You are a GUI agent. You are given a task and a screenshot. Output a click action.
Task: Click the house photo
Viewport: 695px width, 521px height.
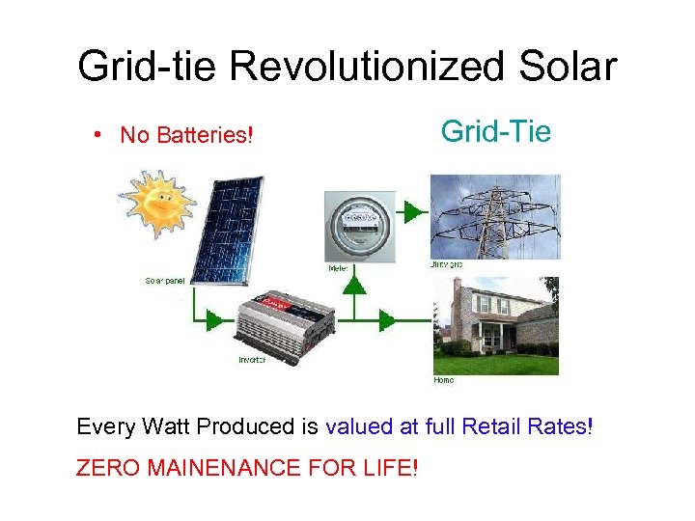pyautogui.click(x=494, y=326)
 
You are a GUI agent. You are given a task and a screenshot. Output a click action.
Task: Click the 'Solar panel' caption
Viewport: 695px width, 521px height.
pyautogui.click(x=164, y=281)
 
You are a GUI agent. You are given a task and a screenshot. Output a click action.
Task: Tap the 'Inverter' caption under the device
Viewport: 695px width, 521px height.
pyautogui.click(x=252, y=360)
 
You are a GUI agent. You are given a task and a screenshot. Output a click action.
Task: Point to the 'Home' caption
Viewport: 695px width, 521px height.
pyautogui.click(x=443, y=380)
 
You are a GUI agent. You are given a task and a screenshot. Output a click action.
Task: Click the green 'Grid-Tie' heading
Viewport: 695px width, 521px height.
pyautogui.click(x=495, y=130)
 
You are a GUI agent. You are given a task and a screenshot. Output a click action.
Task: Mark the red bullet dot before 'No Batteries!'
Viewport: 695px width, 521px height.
pyautogui.click(x=100, y=134)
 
